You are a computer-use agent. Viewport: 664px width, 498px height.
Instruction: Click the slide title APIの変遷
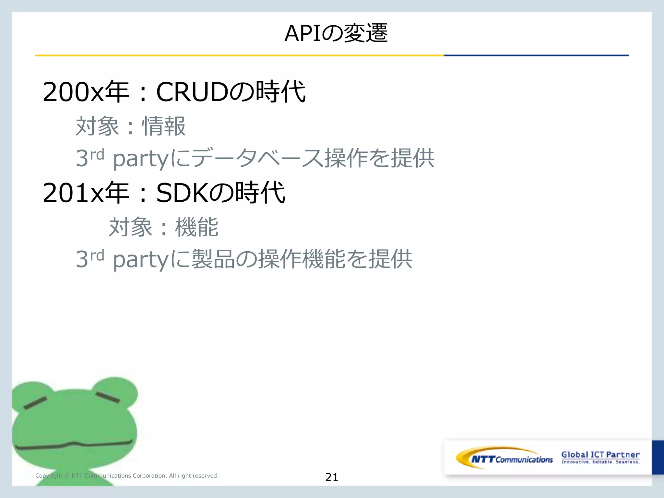336,33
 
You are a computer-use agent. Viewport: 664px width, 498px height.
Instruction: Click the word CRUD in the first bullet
192,92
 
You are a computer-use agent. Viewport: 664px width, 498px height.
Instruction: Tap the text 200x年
86,92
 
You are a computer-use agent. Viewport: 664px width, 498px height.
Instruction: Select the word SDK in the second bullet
182,193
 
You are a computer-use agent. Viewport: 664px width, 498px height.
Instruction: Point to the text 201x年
86,193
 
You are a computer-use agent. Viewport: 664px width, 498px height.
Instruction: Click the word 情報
164,126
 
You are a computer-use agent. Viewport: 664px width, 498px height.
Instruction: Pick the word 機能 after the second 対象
196,227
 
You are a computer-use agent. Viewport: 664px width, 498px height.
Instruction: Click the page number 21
331,477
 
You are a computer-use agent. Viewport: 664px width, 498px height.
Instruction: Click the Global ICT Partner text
600,454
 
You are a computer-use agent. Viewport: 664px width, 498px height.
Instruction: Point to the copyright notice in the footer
127,476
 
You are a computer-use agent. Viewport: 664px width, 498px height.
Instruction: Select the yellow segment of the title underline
239,55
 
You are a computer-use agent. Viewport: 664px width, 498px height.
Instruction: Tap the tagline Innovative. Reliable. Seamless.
600,462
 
